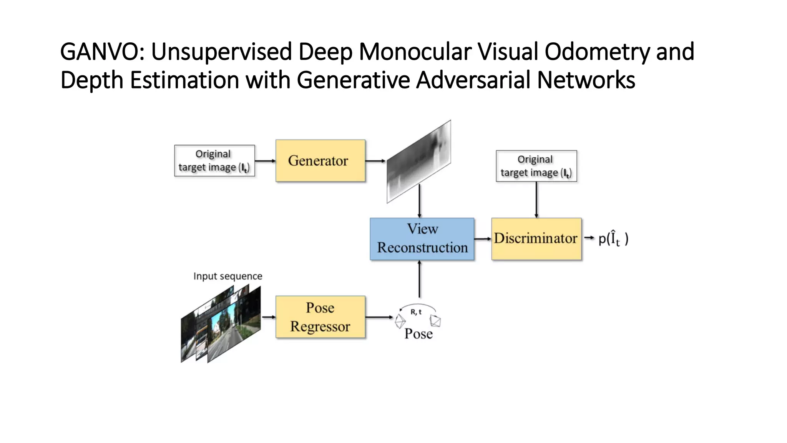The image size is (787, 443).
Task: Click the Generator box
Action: [320, 161]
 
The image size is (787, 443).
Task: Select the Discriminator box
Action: [536, 239]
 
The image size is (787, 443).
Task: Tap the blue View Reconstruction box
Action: [422, 239]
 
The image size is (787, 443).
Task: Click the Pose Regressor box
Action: [320, 317]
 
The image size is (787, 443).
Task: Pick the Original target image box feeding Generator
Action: [214, 161]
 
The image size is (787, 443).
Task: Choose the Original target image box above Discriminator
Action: [536, 166]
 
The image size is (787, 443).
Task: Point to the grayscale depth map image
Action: [419, 162]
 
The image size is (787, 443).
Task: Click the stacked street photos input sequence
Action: [221, 325]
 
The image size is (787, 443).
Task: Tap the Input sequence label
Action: [227, 276]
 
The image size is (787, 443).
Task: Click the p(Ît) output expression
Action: [613, 238]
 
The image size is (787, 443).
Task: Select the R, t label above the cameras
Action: [416, 312]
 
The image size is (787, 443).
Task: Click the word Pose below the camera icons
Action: [418, 333]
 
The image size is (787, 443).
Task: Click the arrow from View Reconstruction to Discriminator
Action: [483, 239]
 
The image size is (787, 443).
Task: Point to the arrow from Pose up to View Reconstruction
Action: [419, 279]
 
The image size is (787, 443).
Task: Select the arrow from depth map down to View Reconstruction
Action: [419, 201]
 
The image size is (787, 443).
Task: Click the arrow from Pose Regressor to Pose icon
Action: [379, 317]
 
